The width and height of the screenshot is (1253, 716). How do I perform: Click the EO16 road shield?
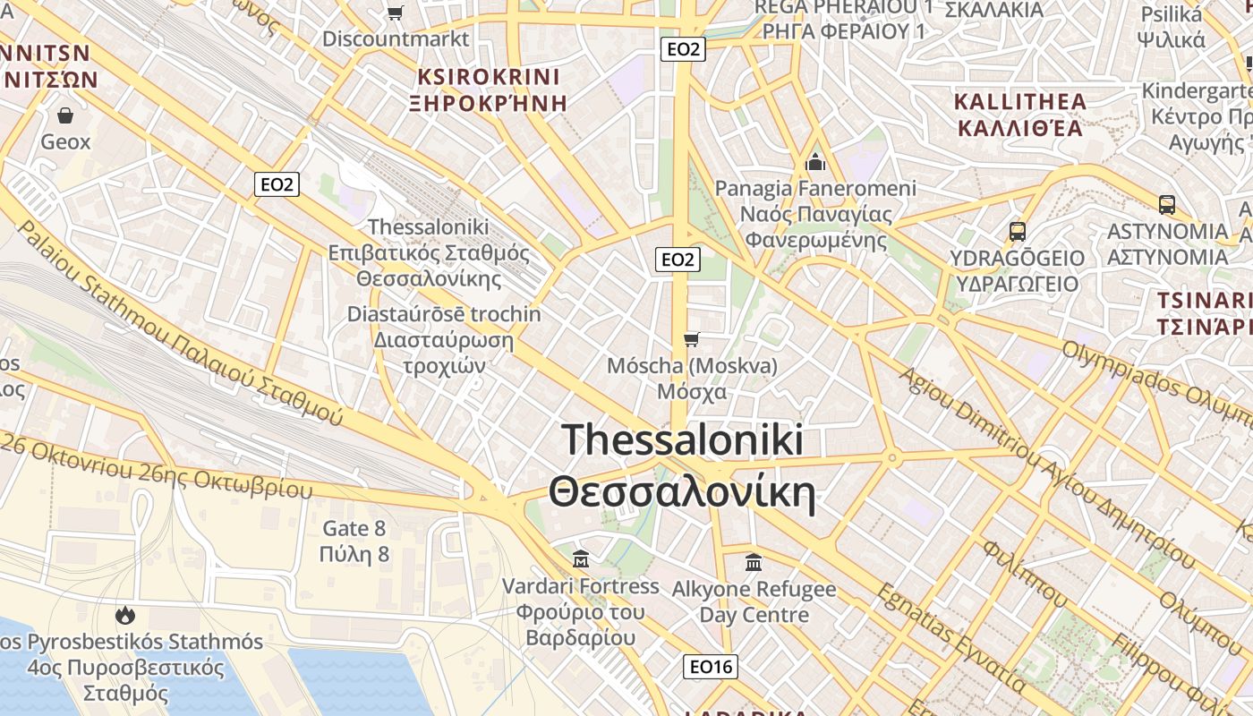point(712,666)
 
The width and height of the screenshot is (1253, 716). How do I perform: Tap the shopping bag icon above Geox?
point(65,115)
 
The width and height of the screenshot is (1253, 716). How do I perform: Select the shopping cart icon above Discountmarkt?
point(395,13)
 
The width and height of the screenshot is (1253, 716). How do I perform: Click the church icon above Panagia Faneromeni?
point(814,162)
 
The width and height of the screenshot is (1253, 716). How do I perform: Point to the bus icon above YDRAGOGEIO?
point(1017,231)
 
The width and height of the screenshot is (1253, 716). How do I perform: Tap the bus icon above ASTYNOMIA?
point(1166,204)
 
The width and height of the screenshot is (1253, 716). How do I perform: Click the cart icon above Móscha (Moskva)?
point(691,339)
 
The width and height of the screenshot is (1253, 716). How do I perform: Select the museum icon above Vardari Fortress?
point(580,559)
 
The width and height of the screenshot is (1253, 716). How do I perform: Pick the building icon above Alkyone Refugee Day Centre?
point(754,563)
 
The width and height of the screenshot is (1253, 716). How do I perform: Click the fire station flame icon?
point(125,615)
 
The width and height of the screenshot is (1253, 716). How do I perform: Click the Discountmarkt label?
point(395,38)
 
